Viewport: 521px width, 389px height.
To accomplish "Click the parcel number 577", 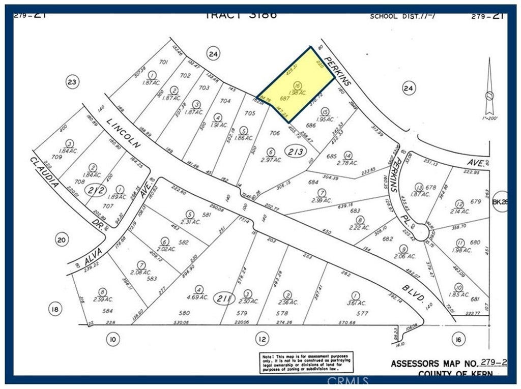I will [362, 313].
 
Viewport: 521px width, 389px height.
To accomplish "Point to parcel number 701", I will [163, 62].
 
